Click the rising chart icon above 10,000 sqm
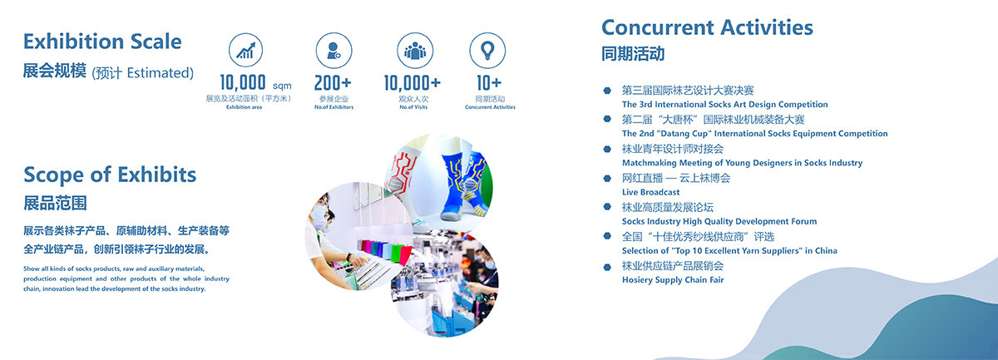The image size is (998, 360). tap(245, 50)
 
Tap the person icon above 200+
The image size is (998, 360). tap(333, 51)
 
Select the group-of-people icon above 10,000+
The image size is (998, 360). tap(415, 51)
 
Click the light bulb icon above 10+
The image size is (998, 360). tap(487, 51)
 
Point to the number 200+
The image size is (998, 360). tap(333, 83)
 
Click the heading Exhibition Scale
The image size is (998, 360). tap(102, 42)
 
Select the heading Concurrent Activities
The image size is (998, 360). tap(707, 27)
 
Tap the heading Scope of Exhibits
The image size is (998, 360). tap(110, 175)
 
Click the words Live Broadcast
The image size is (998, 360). tap(650, 192)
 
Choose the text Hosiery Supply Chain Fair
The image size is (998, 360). tap(673, 280)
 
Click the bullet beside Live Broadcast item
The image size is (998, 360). tap(607, 178)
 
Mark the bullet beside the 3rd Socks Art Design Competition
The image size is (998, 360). tap(607, 91)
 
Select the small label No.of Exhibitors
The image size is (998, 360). tap(333, 107)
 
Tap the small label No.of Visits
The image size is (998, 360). tap(413, 107)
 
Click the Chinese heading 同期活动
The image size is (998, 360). tap(633, 54)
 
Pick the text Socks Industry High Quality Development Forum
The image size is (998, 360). tap(719, 221)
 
